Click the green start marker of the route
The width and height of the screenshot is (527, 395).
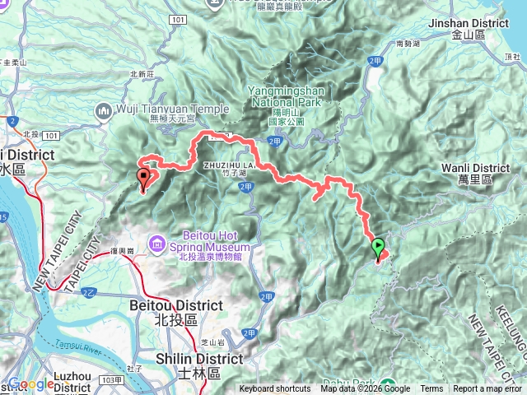[378, 246]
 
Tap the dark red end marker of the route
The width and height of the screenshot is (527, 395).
[144, 176]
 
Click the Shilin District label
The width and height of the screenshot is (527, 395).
[198, 359]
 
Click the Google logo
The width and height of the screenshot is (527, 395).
[30, 384]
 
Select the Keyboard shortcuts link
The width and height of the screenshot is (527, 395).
[275, 389]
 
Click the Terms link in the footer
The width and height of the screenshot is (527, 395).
[431, 389]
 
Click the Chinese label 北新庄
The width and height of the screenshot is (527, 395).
[142, 73]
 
